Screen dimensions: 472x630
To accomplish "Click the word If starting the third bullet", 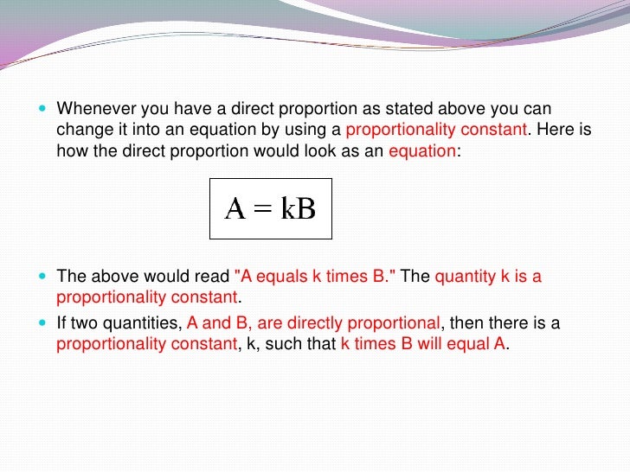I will click(x=61, y=323).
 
